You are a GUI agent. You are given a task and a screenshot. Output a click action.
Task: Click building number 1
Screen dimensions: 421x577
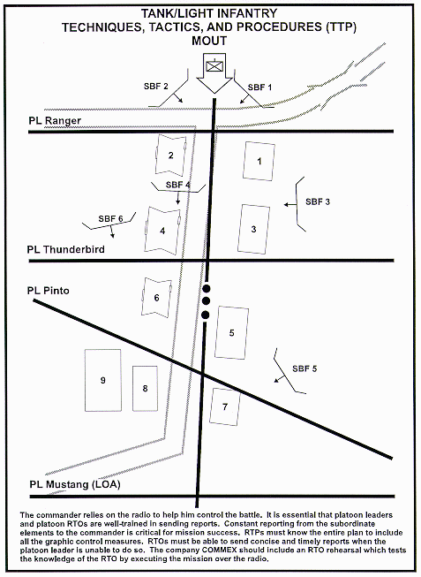tap(259, 161)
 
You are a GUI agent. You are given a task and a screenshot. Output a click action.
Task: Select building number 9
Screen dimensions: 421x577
tap(103, 380)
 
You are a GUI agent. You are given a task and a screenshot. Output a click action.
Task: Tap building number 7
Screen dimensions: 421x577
tap(225, 406)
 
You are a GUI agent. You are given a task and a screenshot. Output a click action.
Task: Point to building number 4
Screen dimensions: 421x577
tap(162, 231)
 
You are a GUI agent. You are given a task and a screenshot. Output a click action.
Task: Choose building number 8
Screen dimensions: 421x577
tap(145, 388)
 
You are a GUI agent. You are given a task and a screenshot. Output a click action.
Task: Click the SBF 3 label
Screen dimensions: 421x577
tap(318, 201)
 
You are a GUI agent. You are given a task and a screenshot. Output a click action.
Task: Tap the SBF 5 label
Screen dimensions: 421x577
tap(304, 368)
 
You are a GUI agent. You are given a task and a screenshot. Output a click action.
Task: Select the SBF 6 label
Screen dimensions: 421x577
tap(110, 219)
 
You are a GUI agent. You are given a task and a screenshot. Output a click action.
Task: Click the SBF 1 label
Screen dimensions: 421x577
tap(259, 87)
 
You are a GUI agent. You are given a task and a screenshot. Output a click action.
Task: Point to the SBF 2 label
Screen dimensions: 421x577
tap(156, 87)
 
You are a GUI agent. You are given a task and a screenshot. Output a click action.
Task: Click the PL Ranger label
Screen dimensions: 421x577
tap(55, 121)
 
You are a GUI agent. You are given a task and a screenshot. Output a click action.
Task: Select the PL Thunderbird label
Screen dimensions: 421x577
tap(66, 249)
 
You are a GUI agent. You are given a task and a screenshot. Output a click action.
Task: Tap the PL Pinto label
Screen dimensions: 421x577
tap(49, 291)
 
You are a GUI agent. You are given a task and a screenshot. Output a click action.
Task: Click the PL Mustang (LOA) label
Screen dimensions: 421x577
tap(75, 484)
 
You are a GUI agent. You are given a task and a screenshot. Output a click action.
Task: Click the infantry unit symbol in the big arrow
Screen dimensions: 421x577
tap(214, 66)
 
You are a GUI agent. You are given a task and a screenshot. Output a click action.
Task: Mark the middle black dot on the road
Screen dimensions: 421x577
tap(206, 301)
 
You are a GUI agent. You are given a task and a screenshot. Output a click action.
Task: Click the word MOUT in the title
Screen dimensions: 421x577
tap(209, 41)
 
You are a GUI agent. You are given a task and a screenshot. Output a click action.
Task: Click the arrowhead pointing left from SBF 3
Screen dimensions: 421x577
tap(286, 205)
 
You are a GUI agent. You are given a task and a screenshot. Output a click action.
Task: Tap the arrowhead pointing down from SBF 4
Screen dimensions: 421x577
tap(178, 202)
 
